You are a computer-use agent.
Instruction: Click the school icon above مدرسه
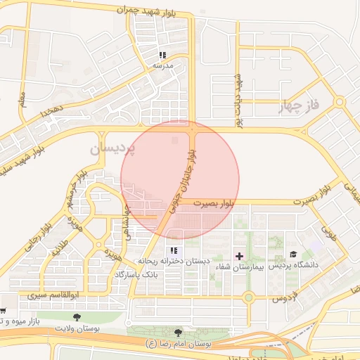162,55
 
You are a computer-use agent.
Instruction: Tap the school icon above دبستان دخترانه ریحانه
174,251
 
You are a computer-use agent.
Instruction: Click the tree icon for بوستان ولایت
76,317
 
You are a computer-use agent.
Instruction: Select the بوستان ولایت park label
78,328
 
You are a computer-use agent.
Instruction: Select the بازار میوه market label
21,322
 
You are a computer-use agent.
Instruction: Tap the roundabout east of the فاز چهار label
340,103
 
